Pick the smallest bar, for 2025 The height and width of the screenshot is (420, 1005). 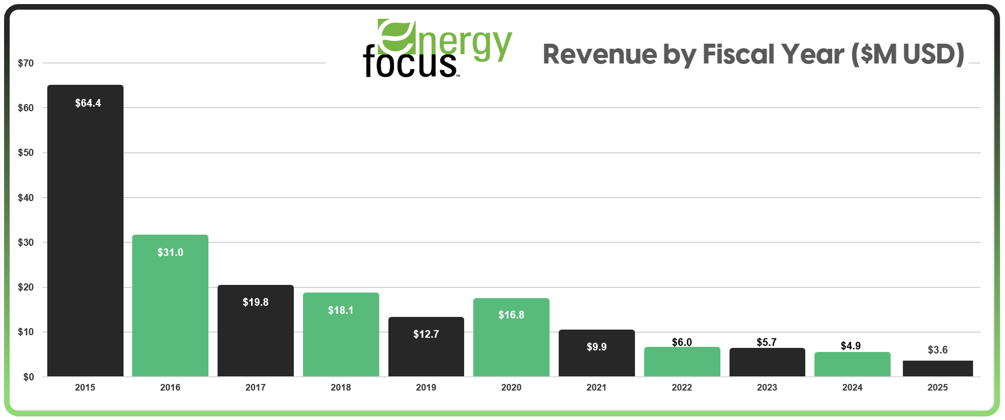(x=937, y=369)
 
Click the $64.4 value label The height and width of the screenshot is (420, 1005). (x=88, y=103)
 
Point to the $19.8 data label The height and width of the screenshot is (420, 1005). (x=255, y=302)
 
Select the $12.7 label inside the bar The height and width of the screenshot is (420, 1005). (x=426, y=334)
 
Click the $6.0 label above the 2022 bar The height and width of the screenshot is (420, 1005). (x=682, y=342)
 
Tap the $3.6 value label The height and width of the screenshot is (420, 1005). (x=937, y=350)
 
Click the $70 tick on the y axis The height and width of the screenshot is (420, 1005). (x=25, y=63)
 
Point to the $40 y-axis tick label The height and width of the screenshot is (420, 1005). (x=25, y=198)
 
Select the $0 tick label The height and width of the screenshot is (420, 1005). (x=28, y=377)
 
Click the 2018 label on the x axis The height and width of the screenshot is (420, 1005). (x=341, y=387)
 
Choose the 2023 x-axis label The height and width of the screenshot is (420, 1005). (x=767, y=387)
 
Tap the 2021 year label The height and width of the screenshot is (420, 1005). (x=596, y=387)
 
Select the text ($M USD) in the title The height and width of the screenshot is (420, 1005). (x=907, y=54)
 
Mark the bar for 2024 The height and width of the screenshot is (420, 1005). (x=852, y=365)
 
